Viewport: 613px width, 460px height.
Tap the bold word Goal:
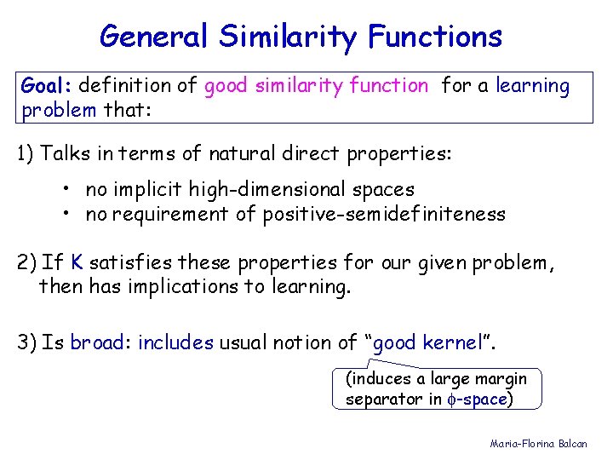47,85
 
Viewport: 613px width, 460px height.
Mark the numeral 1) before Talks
26,153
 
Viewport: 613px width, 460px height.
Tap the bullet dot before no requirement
66,214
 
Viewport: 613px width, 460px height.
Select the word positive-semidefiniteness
383,214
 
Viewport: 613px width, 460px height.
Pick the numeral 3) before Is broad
26,342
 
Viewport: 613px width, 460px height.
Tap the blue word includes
175,342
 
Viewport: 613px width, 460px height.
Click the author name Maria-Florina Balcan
538,444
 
